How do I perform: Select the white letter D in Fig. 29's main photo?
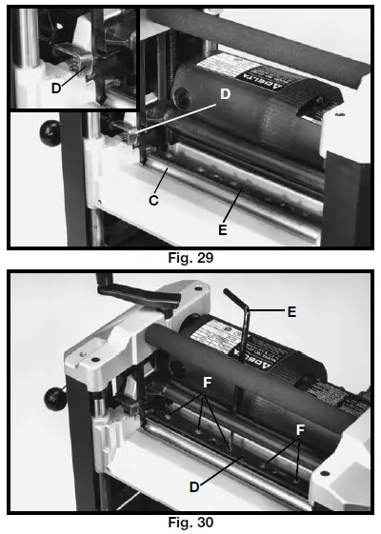click(225, 95)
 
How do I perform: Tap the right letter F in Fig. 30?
click(302, 429)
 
